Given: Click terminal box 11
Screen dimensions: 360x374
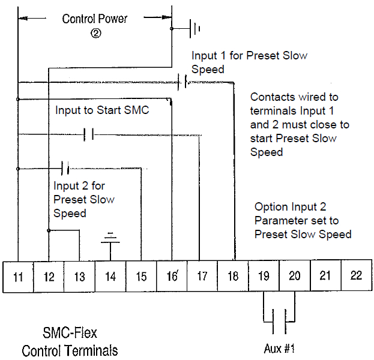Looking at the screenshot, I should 19,277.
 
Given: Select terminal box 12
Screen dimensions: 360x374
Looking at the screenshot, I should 49,277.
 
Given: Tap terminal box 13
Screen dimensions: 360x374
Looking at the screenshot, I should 80,277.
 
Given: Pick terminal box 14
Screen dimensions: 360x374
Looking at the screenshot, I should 110,277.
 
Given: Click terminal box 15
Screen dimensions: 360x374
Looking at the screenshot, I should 141,277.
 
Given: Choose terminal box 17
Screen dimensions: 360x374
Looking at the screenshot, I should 202,277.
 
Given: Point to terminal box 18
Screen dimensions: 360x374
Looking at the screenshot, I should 233,277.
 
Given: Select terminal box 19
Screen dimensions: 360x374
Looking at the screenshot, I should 264,277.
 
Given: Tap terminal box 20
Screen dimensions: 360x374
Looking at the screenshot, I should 294,277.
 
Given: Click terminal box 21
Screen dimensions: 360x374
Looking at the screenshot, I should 325,277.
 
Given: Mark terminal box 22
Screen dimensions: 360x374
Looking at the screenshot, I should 356,277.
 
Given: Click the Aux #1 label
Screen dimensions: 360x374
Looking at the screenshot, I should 279,349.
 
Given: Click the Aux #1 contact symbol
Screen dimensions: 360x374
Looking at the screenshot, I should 279,322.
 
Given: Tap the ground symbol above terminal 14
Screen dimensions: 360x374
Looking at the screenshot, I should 110,238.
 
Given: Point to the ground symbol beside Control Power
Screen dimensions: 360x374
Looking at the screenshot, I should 195,28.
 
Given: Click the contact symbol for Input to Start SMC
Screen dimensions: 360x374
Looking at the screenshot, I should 89,134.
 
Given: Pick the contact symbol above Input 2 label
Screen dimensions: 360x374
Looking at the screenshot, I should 65,167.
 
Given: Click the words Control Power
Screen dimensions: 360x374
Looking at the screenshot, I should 95,19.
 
